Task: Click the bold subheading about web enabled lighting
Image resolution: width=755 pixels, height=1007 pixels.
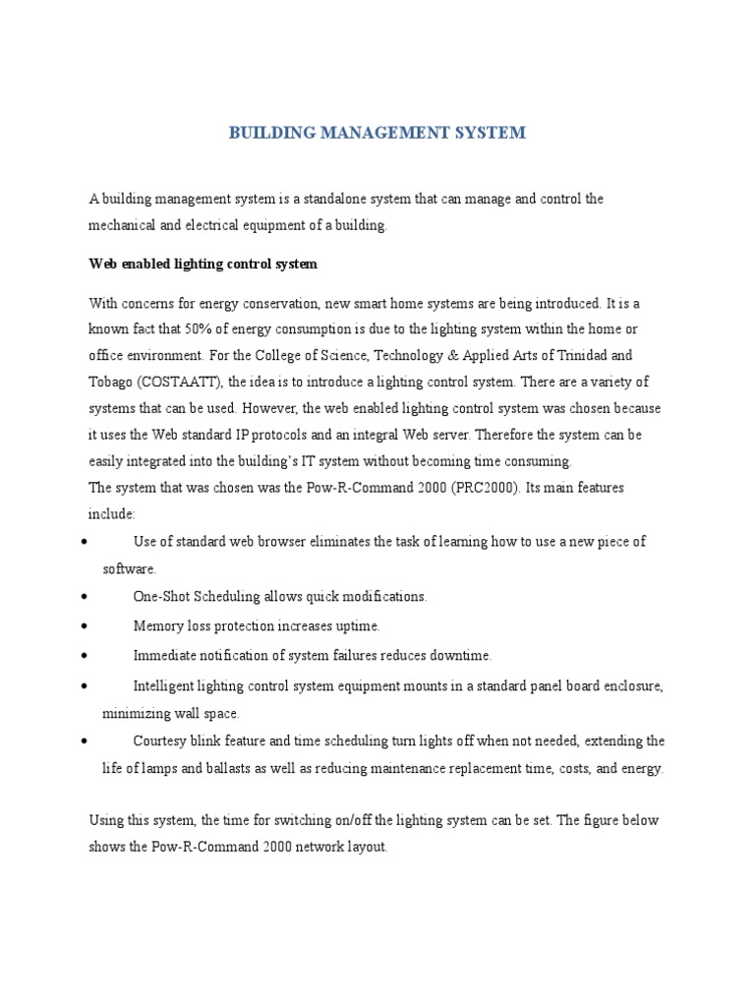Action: click(x=203, y=265)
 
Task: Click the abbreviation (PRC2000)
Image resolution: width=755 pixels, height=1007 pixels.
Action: click(x=488, y=487)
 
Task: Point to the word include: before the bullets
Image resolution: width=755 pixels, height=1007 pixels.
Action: click(x=112, y=513)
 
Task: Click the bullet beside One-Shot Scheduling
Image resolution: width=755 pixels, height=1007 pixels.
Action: click(x=87, y=597)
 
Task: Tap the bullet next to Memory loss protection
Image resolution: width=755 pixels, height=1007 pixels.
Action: click(x=87, y=626)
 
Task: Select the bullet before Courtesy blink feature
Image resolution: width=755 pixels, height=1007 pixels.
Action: click(x=87, y=740)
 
